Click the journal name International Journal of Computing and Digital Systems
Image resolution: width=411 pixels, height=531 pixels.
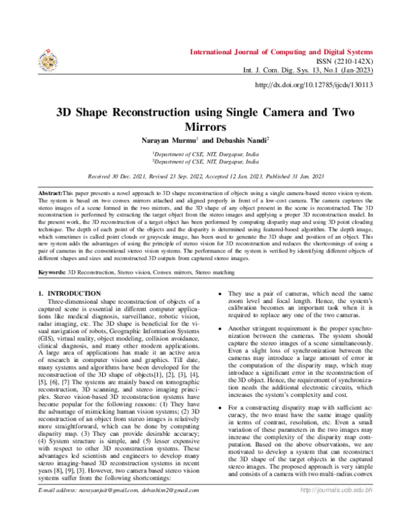[x=281, y=52]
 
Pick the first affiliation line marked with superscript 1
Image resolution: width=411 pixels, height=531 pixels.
[x=205, y=155]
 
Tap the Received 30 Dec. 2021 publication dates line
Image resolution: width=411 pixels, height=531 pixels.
[x=205, y=175]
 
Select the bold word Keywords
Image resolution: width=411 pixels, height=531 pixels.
[x=51, y=272]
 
